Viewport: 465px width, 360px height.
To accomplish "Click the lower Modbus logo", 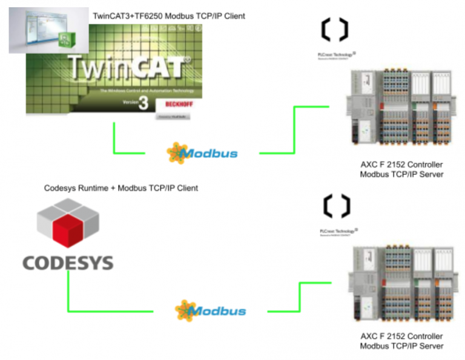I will coord(210,311).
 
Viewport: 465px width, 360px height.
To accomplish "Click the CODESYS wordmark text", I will coord(68,263).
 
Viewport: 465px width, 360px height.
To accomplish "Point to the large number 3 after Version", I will coord(143,103).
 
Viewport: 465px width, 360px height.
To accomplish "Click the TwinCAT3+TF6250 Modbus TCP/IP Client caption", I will coord(169,16).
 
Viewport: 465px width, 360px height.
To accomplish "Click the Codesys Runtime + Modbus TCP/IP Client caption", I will coord(121,188).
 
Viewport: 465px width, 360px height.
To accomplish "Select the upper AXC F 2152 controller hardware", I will coord(400,109).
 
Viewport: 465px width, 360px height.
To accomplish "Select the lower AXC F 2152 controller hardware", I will coord(400,284).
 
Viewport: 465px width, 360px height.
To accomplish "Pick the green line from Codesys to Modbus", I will coord(68,296).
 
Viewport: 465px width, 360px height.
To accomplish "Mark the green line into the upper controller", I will coord(294,130).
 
